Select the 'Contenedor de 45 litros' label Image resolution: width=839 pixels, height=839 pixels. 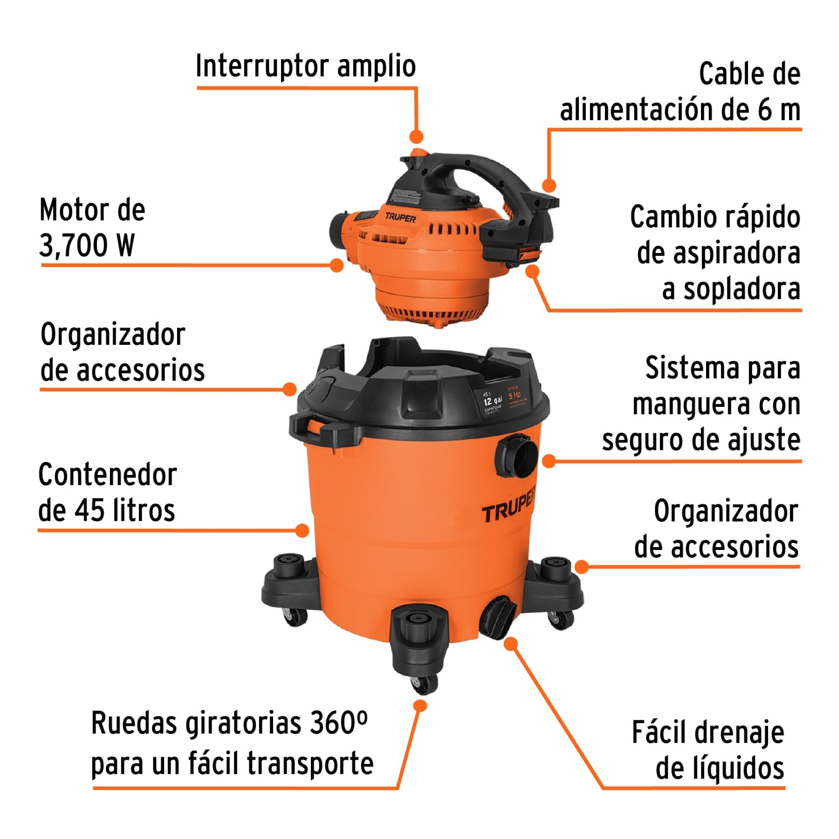pyautogui.click(x=107, y=492)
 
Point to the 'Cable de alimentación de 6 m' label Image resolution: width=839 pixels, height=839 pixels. pyautogui.click(x=680, y=92)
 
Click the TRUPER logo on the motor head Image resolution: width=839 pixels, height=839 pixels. pyautogui.click(x=400, y=218)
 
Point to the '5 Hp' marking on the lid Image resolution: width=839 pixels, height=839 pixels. pyautogui.click(x=514, y=395)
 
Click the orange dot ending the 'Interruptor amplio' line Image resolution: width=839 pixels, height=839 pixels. pyautogui.click(x=417, y=136)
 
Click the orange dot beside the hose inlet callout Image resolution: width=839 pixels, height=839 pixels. pyautogui.click(x=549, y=461)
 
